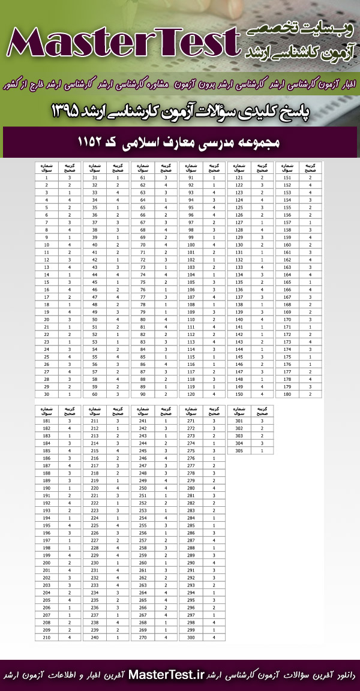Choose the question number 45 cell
click(94, 282)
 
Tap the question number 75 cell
click(143, 282)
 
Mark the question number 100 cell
click(191, 245)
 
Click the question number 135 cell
click(239, 282)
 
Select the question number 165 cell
click(287, 282)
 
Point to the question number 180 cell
click(287, 393)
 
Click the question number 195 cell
click(46, 525)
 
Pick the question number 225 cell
click(94, 525)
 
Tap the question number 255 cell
click(143, 525)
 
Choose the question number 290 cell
click(191, 563)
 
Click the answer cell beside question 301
click(262, 421)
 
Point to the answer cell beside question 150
click(262, 393)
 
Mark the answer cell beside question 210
click(70, 637)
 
